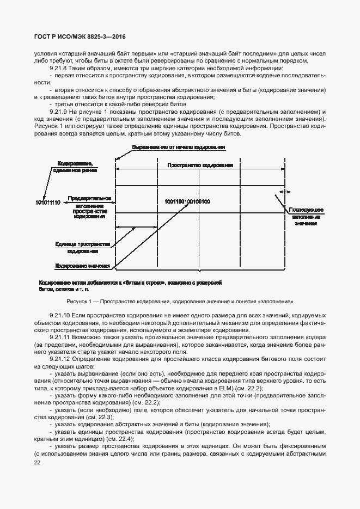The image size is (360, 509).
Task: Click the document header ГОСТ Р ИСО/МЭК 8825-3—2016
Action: [x=80, y=36]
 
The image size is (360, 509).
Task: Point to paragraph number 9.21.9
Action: [x=58, y=111]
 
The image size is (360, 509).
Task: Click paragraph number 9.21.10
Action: [x=59, y=315]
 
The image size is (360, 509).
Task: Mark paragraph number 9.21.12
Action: [x=59, y=359]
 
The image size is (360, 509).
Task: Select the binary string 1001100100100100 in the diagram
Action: [x=184, y=201]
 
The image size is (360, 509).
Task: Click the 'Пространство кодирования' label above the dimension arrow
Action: [x=200, y=164]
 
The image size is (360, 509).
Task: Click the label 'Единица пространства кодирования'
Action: [x=83, y=248]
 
